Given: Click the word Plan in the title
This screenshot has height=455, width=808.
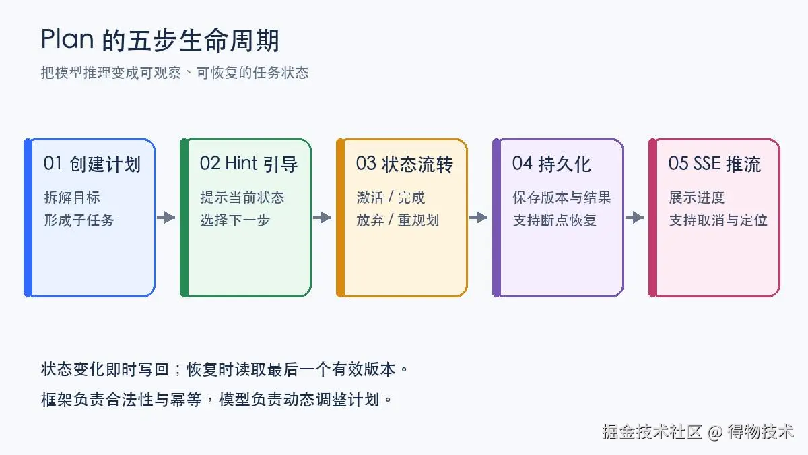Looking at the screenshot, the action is tap(67, 39).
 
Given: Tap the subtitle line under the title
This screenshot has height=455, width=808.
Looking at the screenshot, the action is tap(174, 73).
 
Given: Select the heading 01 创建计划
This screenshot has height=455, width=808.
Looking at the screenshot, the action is tap(92, 164).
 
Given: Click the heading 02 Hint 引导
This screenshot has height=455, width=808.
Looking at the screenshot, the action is tap(248, 164).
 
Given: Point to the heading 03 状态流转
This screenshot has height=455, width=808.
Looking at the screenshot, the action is tap(405, 164).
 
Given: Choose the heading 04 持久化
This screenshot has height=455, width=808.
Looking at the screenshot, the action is tap(552, 164).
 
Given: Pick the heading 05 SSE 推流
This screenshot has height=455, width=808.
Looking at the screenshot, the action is tap(714, 164).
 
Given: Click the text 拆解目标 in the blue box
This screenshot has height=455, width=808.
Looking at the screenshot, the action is tap(72, 198).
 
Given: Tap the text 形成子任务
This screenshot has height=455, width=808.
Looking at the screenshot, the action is tap(79, 220).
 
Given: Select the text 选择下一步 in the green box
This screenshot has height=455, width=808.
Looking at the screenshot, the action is tap(235, 220).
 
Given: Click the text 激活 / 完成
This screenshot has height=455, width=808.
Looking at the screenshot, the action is tap(391, 198).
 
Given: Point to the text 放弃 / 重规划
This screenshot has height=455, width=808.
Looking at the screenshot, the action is tap(397, 220).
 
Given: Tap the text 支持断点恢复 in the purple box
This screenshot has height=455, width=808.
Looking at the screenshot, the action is tap(555, 220).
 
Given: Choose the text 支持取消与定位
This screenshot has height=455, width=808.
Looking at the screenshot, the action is tap(718, 220).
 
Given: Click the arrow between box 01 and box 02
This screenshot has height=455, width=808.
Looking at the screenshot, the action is tap(166, 217).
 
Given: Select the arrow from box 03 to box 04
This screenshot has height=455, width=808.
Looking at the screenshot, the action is tap(478, 217).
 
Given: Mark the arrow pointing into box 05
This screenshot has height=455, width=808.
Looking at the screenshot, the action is tap(634, 217).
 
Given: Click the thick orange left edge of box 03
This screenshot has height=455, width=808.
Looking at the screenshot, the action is tap(340, 218).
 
